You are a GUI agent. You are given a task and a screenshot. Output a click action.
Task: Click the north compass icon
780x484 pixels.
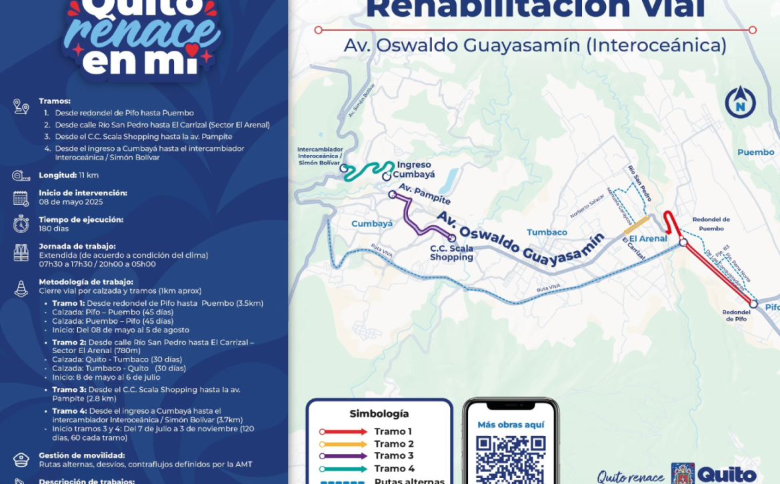pos(740,102)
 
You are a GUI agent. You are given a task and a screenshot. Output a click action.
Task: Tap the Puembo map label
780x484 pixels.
pos(755,152)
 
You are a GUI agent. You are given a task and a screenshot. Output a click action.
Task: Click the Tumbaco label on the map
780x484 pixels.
pos(547,232)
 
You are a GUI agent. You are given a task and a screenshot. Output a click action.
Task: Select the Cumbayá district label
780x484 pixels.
pos(372,224)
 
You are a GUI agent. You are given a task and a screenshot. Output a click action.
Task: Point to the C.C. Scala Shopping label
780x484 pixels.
pos(451,253)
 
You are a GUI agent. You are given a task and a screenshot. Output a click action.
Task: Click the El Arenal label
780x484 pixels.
pos(648,238)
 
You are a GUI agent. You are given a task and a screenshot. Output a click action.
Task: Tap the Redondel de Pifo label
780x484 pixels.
pos(736,316)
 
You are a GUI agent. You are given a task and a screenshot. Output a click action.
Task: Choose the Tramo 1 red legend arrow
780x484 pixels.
pos(343,432)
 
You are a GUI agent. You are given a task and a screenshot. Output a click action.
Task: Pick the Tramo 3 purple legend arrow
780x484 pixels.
pos(343,456)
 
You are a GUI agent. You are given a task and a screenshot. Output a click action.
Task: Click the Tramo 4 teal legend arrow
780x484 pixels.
pos(343,469)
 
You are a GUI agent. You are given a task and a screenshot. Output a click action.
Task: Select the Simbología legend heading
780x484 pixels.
pos(379,414)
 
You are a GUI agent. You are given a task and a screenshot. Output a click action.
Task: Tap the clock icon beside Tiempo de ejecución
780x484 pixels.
pos(21,224)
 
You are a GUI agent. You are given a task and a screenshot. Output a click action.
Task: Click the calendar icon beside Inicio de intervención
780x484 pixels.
pos(21,198)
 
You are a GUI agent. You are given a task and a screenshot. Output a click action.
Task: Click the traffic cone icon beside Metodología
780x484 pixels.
pos(21,288)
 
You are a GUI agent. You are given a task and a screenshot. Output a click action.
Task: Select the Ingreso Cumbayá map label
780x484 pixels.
pos(415,170)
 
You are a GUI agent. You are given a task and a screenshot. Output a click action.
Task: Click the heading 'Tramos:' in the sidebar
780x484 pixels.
pos(55,101)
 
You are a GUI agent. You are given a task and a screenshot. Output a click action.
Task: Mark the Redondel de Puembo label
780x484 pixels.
pos(711,224)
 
